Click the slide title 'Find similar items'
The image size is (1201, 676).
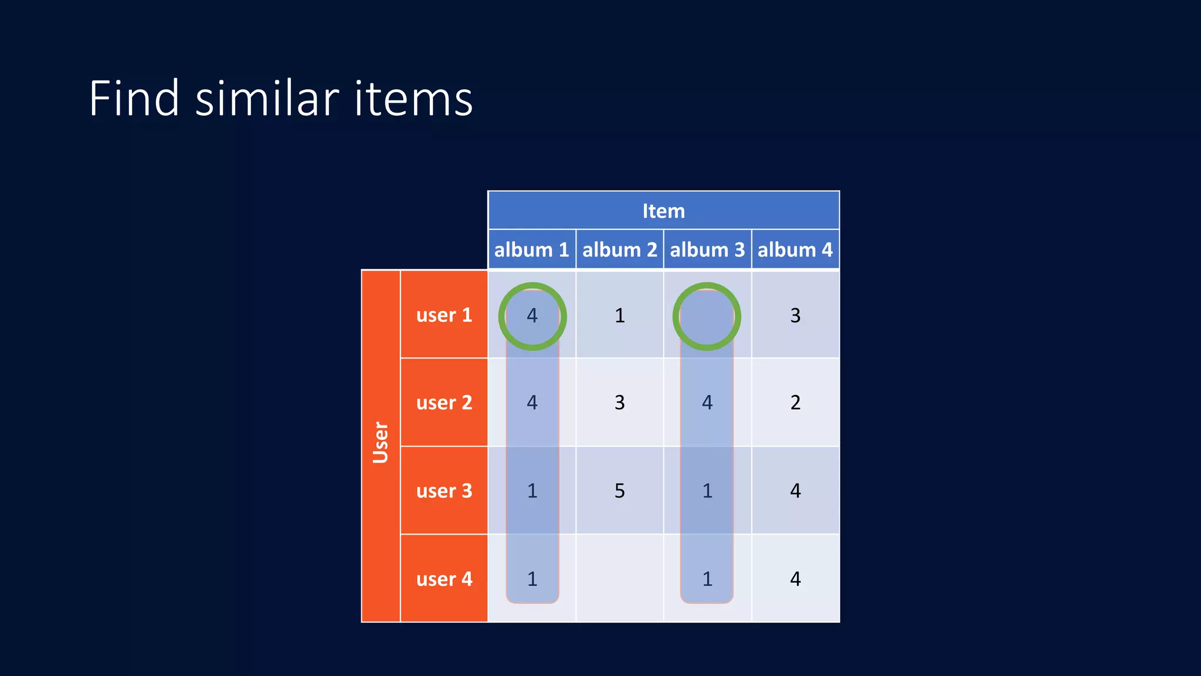[280, 99]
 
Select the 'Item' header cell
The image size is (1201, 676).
[663, 211]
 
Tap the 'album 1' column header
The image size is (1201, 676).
[531, 250]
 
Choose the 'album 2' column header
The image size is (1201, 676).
[619, 250]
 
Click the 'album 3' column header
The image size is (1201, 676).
[707, 250]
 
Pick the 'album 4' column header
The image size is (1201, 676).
[795, 250]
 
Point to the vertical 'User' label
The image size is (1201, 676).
[381, 443]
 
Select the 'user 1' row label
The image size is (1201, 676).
[444, 315]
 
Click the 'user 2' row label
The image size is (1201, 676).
[444, 403]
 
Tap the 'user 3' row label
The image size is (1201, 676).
[444, 491]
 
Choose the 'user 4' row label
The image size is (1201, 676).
[444, 579]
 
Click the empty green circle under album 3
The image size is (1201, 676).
[707, 317]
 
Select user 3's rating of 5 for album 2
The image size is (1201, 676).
[619, 491]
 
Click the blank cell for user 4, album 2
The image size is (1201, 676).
[619, 579]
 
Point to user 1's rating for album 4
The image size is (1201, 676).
[795, 316]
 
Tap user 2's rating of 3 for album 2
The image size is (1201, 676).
[619, 403]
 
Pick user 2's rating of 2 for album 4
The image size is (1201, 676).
[795, 403]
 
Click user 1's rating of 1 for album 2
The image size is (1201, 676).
[619, 316]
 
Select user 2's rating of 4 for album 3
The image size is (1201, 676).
[707, 403]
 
